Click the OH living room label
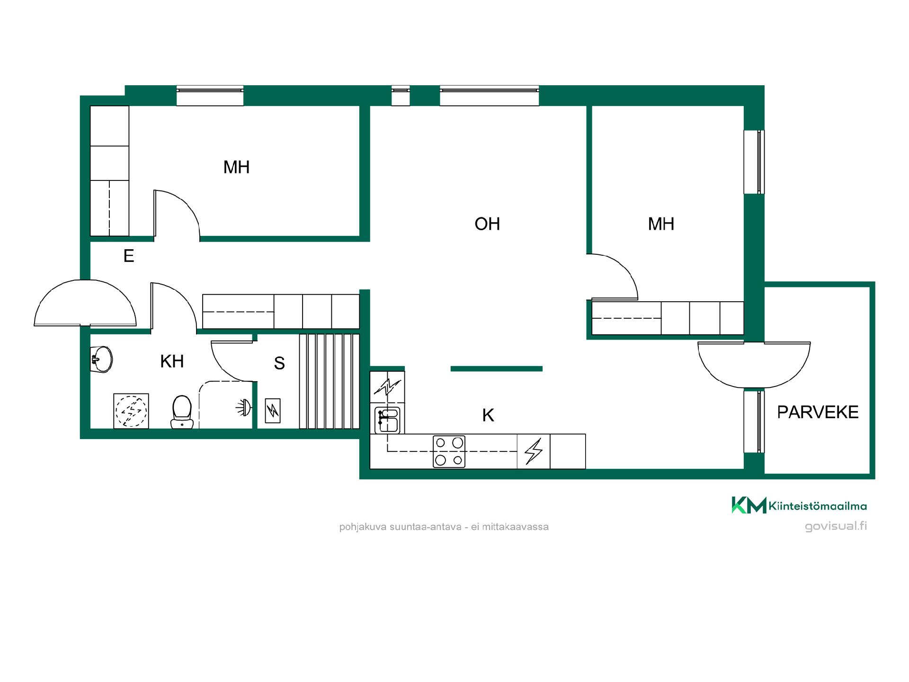pos(487,224)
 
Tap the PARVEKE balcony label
pos(818,412)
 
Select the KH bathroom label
pos(172,361)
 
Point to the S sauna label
pos(279,363)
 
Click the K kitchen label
pos(488,415)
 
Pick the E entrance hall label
pos(129,256)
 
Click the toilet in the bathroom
pos(182,412)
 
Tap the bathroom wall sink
pos(101,359)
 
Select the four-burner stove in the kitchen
pos(449,452)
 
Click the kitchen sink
pos(388,420)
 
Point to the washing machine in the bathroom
pos(131,411)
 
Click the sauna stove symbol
pos(273,411)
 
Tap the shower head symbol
pos(244,408)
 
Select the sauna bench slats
pos(329,381)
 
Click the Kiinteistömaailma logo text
pos(818,506)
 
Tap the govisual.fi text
pos(836,526)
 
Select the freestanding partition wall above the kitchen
pos(496,368)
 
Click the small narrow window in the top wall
pos(401,96)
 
